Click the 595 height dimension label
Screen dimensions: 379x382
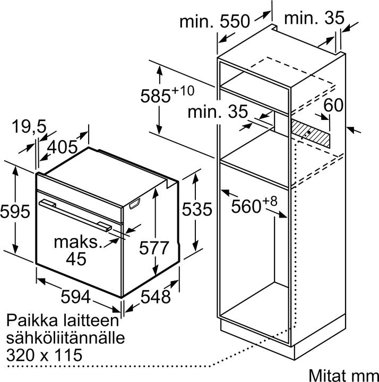click(x=15, y=211)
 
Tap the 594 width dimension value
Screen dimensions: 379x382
click(x=75, y=297)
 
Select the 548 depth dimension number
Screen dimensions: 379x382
click(x=156, y=297)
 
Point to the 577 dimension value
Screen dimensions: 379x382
click(x=154, y=248)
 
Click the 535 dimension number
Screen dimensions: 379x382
click(x=197, y=209)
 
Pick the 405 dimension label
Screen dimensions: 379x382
click(x=62, y=147)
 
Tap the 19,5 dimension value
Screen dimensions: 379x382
click(x=29, y=127)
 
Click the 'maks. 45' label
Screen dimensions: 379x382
click(x=77, y=250)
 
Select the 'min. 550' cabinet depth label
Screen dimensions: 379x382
click(x=215, y=21)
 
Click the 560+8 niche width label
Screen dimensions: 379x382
click(x=254, y=205)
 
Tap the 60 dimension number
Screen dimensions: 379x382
click(x=333, y=105)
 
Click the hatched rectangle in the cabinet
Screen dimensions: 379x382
click(x=311, y=134)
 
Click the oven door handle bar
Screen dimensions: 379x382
click(x=75, y=215)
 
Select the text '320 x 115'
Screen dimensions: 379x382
click(x=44, y=355)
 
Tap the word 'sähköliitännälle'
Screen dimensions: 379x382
click(x=66, y=337)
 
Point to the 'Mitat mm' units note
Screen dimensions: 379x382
click(x=343, y=375)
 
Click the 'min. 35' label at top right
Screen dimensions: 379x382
click(x=314, y=18)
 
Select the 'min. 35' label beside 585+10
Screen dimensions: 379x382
click(x=218, y=111)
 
